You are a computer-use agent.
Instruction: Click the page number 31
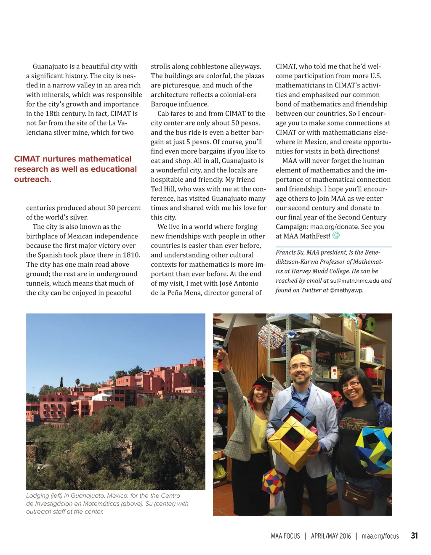pyautogui.click(x=414, y=536)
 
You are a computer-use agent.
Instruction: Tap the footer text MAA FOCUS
pyautogui.click(x=285, y=536)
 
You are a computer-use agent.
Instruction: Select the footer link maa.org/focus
pyautogui.click(x=380, y=536)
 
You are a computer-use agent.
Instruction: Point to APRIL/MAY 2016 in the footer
pyautogui.click(x=331, y=536)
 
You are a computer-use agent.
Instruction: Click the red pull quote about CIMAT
pyautogui.click(x=75, y=169)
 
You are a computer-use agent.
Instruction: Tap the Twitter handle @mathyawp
pyautogui.click(x=346, y=290)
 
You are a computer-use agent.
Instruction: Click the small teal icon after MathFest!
pyautogui.click(x=336, y=235)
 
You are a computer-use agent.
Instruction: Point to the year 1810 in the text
pyautogui.click(x=131, y=255)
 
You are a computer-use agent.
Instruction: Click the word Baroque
pyautogui.click(x=165, y=104)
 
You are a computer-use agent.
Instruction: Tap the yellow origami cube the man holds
pyautogui.click(x=293, y=442)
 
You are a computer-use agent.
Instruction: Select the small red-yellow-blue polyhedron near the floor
pyautogui.click(x=273, y=480)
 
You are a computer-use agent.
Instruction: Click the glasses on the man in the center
pyautogui.click(x=300, y=366)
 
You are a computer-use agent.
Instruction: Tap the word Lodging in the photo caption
pyautogui.click(x=37, y=496)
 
